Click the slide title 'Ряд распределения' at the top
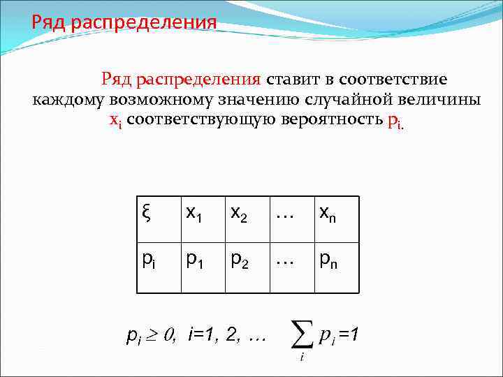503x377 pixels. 124,22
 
